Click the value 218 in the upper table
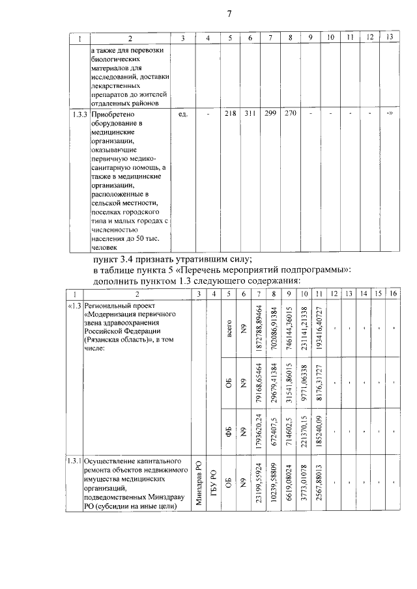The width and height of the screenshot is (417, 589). [x=229, y=114]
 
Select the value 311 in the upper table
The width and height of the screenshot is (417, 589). [x=250, y=114]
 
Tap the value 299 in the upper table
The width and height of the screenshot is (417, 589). [x=270, y=114]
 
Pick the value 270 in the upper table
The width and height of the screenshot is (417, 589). [x=291, y=114]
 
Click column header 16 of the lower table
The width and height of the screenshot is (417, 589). [x=393, y=294]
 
